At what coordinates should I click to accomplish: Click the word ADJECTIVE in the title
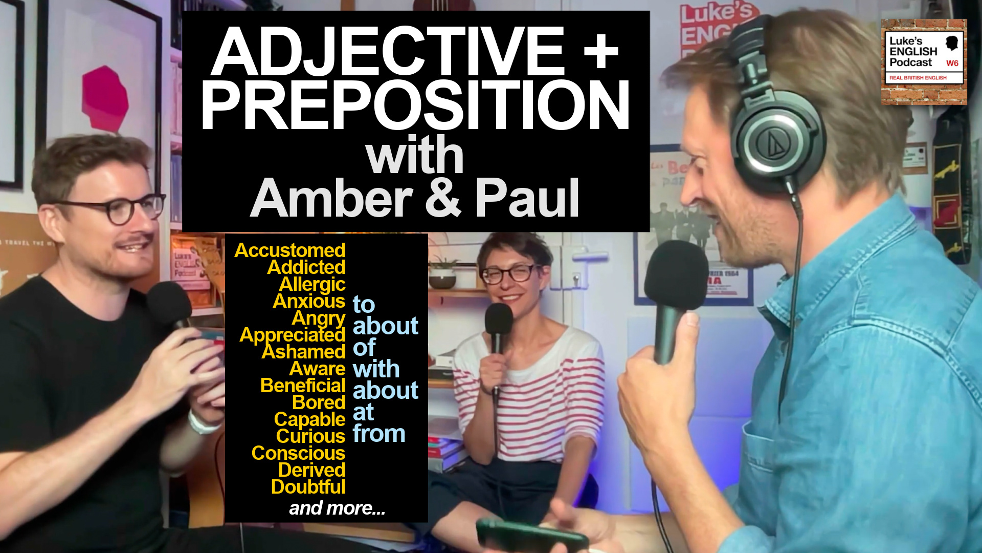tap(388, 51)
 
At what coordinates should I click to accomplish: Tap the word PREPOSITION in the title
tap(414, 106)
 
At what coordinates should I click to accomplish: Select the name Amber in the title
tap(331, 199)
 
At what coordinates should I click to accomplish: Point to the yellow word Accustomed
tap(290, 250)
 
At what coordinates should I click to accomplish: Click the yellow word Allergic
tap(312, 284)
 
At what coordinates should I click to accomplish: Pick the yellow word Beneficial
tap(303, 386)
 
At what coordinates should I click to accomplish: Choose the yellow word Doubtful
tap(308, 487)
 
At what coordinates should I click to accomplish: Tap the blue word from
tap(379, 434)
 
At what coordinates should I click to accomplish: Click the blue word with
tap(376, 369)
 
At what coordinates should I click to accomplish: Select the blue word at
tap(363, 412)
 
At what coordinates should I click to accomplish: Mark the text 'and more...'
tap(337, 508)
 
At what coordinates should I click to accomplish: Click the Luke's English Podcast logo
tap(924, 61)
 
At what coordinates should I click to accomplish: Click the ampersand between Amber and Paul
tap(443, 199)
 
